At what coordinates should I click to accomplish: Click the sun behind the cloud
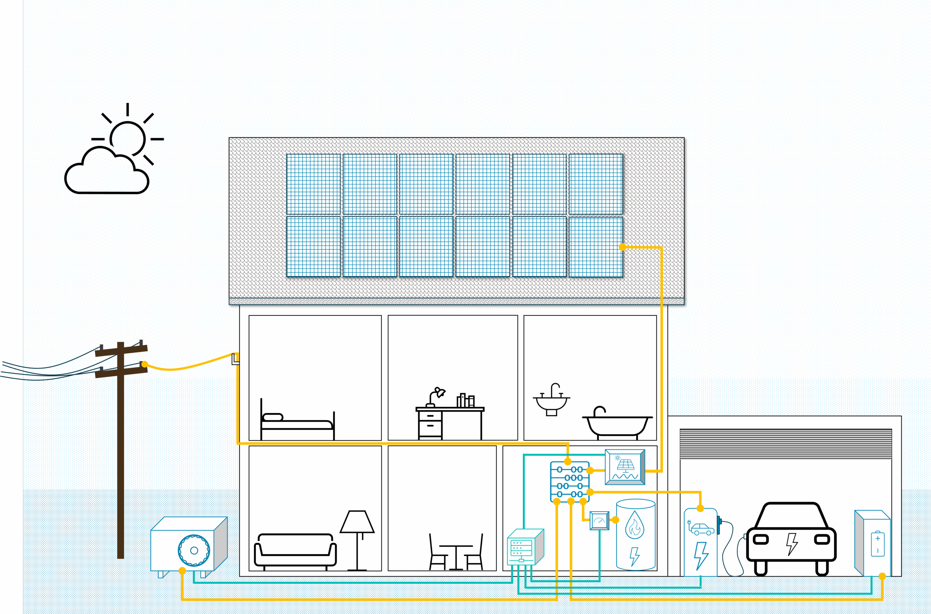tap(128, 138)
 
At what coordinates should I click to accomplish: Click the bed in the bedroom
tap(297, 423)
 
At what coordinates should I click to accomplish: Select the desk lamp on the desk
tap(437, 396)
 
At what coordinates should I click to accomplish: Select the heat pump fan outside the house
tap(193, 550)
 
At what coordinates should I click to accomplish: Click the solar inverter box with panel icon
tap(625, 467)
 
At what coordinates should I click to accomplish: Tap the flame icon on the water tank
tap(635, 524)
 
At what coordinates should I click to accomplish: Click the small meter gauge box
tap(599, 521)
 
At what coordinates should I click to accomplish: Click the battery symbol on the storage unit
tap(877, 544)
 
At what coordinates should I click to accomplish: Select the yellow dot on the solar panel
tap(623, 247)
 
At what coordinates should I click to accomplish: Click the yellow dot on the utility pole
tap(144, 364)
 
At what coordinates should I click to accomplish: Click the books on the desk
tap(466, 401)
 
